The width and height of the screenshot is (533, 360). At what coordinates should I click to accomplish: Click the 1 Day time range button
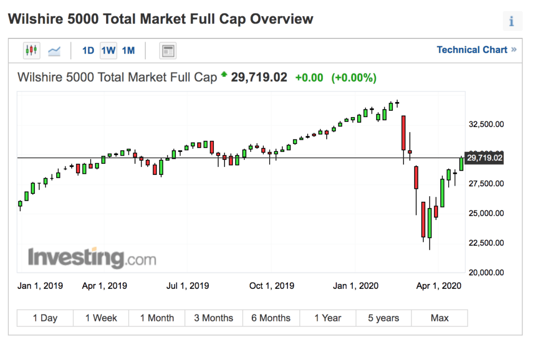pos(45,318)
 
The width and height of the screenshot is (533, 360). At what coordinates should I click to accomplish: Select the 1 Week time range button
pos(101,318)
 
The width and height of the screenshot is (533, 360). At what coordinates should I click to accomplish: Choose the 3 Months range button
pos(213,318)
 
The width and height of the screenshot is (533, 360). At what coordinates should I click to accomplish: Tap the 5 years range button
pos(383,318)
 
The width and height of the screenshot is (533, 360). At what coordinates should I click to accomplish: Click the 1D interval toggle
pos(88,50)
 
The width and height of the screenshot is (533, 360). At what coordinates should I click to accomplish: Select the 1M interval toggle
pos(128,50)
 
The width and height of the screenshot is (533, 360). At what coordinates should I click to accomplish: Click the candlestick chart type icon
pos(31,50)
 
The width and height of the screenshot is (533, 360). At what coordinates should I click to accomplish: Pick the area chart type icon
pos(54,51)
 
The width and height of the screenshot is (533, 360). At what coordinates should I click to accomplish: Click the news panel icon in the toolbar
pos(168,50)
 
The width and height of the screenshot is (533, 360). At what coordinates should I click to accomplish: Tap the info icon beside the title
pos(512,21)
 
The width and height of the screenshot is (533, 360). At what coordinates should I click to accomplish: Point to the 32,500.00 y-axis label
pos(486,124)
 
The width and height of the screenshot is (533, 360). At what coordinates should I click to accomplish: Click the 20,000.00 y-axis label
pos(486,272)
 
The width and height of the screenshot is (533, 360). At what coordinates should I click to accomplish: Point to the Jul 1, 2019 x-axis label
pos(187,286)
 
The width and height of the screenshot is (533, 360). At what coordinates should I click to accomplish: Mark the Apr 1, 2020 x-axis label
pos(440,286)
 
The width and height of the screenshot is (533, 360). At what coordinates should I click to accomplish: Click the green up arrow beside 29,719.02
pos(224,75)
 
